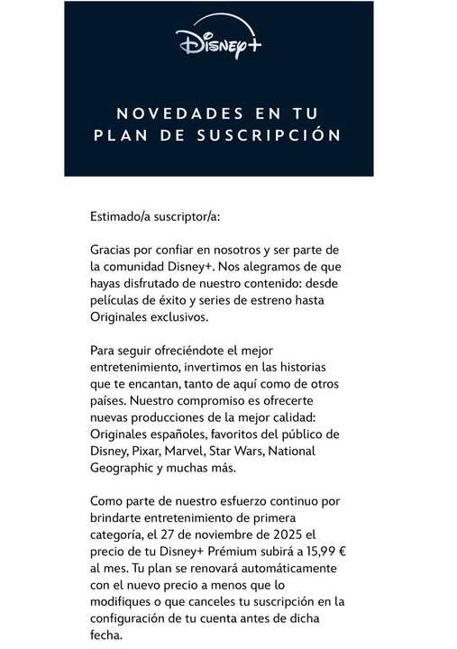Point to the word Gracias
[112, 249]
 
